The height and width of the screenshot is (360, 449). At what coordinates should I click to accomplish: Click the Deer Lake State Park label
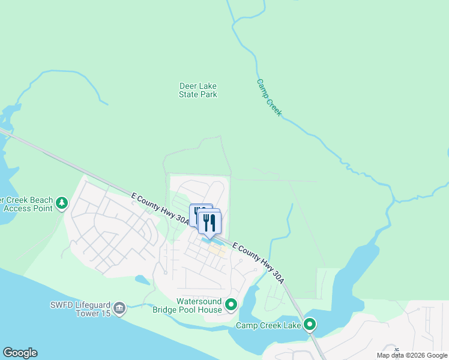(x=198, y=90)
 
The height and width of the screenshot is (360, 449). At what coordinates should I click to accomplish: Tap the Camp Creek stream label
(x=269, y=97)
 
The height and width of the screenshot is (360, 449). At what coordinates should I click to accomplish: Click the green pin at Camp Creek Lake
(x=310, y=325)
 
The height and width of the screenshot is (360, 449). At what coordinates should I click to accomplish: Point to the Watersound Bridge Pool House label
(x=199, y=305)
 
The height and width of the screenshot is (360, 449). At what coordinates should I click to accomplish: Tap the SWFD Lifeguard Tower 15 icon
(x=119, y=308)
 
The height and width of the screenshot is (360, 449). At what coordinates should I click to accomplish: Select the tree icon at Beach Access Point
(x=61, y=203)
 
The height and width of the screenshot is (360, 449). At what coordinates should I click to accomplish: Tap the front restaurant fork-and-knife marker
(x=209, y=223)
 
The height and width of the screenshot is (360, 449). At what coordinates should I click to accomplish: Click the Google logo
(x=20, y=353)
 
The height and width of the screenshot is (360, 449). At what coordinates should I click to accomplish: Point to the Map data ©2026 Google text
(x=412, y=355)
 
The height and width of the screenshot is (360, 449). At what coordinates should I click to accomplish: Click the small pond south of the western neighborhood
(x=142, y=280)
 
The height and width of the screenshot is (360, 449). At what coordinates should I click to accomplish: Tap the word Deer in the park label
(x=189, y=86)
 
